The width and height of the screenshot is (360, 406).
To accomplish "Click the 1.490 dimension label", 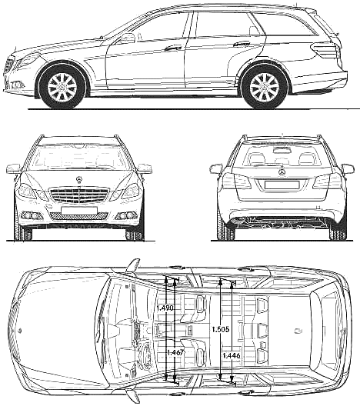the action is pos(165,308).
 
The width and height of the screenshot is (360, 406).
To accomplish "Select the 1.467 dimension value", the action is pos(175,352).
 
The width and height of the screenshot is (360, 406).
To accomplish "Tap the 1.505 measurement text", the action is pos(221,329).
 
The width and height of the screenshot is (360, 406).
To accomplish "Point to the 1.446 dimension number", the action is pos(232,355).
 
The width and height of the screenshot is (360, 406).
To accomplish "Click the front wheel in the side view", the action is pos(62,86).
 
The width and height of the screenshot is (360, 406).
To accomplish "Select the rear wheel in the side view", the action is pos(265,87).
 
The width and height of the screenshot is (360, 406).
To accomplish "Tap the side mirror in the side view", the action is pos(128,38).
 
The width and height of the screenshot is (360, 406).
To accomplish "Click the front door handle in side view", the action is pos(173,48).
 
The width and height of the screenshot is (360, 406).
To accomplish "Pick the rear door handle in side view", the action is pos(241,44).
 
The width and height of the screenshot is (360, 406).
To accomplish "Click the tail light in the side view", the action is pos(325,51).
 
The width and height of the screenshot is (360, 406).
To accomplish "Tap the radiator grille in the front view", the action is pos(78,195).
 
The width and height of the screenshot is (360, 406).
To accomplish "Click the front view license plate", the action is pos(79,210).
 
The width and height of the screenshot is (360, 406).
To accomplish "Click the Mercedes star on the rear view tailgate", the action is pos(282,172).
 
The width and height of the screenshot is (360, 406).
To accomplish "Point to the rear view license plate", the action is pos(282,185).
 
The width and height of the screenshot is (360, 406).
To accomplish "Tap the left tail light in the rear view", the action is pos(237,181).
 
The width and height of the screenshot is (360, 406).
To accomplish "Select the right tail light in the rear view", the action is pos(327,181).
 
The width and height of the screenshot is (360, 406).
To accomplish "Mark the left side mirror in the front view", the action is pos(13,168).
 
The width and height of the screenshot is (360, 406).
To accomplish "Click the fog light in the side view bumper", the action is pos(16,85).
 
